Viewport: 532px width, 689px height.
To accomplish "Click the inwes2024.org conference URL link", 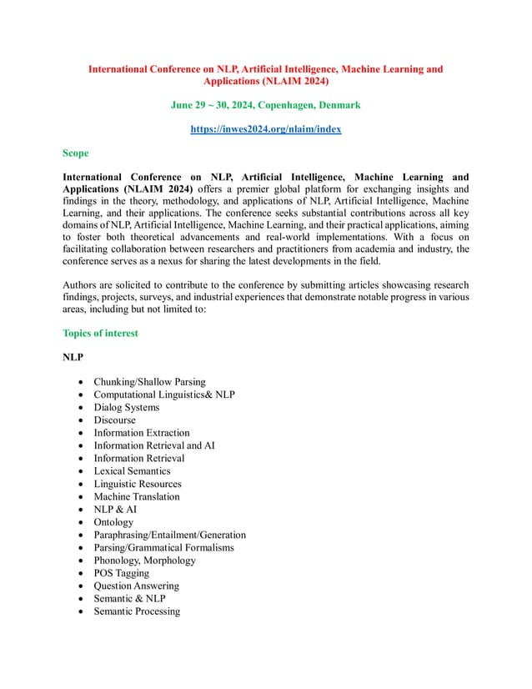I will click(265, 129).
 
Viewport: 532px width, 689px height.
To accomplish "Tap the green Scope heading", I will click(76, 153).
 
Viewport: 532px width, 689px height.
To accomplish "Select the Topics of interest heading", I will click(100, 333).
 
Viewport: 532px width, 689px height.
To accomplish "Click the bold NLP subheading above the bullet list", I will click(73, 357).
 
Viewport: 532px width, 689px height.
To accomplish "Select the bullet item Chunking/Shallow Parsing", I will click(149, 382).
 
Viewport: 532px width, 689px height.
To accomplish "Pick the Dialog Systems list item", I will click(126, 407).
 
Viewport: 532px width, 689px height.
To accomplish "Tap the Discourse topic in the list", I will click(114, 420).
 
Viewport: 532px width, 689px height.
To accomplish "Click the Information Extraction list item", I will click(141, 433).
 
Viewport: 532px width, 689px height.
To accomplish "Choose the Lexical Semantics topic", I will click(132, 471).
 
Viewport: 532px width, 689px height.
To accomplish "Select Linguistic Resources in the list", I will click(137, 484).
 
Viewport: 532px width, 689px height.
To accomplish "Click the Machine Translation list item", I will click(136, 496).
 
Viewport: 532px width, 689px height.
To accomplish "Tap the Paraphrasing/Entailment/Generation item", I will click(169, 535).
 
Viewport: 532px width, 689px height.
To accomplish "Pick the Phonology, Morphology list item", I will click(144, 561).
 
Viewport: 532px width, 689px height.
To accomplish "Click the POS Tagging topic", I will click(121, 573).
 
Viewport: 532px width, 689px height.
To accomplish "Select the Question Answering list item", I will click(136, 586).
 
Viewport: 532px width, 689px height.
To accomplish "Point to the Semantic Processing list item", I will click(136, 611).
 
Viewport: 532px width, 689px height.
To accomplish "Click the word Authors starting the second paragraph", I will click(81, 284).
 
